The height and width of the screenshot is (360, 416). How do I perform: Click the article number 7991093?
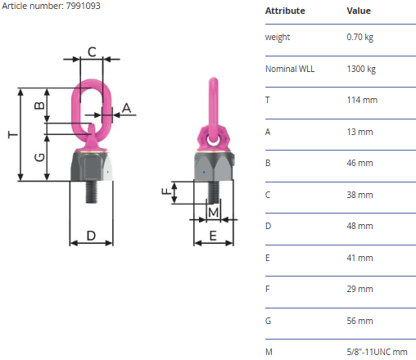[84, 6]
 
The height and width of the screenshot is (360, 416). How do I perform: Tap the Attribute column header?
[285, 11]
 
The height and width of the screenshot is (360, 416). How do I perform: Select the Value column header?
[359, 11]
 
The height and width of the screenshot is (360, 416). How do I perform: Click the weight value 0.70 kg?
[359, 37]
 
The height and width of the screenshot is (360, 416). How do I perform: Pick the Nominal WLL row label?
[290, 69]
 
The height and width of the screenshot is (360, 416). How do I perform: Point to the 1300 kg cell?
[361, 69]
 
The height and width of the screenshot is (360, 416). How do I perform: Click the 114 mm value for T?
[362, 100]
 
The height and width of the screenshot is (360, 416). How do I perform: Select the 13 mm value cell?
[359, 132]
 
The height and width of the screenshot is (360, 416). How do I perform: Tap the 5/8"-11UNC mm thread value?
[377, 352]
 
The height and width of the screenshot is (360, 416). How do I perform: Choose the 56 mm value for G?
[359, 321]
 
